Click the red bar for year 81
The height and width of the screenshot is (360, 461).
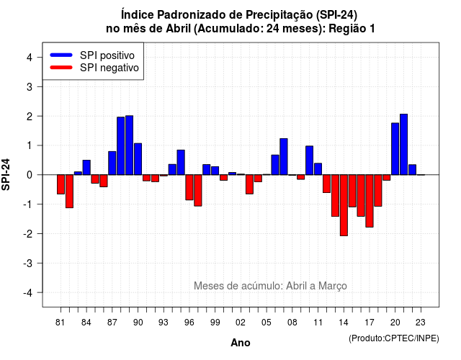61,184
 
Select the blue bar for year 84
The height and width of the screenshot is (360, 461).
86,168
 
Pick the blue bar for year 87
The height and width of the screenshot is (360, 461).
112,163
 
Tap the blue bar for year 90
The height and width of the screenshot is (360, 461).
138,159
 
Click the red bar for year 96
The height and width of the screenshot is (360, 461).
189,187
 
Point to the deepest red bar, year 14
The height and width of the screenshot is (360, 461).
344,205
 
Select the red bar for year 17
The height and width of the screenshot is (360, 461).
370,201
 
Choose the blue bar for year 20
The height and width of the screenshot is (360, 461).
395,149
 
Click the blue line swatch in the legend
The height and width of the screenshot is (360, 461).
61,55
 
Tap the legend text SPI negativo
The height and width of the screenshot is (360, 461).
109,68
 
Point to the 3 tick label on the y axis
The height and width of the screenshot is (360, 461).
30,86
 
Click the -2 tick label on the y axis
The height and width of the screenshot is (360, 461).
28,233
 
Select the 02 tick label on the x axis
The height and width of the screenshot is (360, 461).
241,323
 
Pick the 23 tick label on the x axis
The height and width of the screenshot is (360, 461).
421,323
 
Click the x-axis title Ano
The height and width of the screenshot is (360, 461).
241,343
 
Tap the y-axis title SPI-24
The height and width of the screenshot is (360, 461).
6,174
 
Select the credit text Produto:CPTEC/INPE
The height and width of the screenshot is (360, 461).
394,338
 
